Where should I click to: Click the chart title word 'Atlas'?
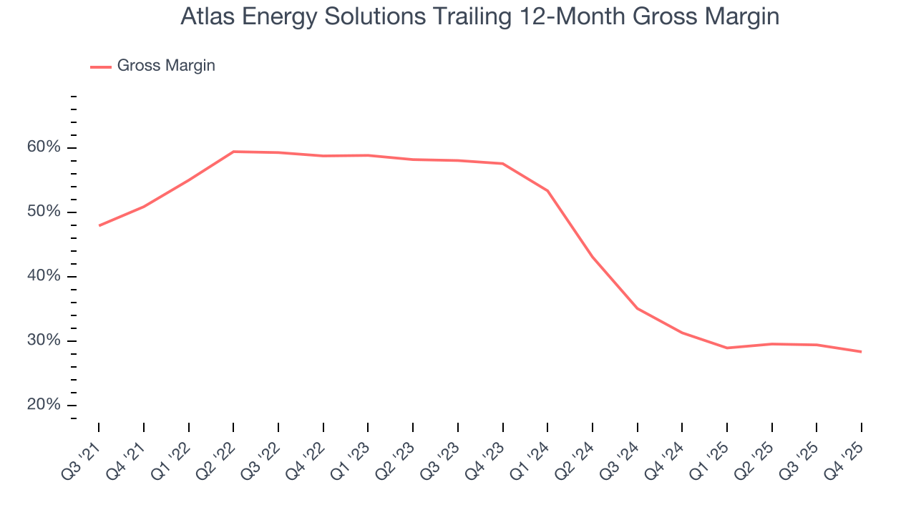[x=205, y=16]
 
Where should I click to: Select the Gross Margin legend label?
[x=166, y=66]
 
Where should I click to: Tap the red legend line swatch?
[x=101, y=67]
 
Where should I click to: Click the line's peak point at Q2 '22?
[x=233, y=152]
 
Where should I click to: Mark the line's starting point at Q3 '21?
[x=99, y=225]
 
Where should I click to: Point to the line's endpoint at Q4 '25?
[x=861, y=351]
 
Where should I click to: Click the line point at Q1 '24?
[x=547, y=191]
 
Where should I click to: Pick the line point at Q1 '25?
[x=727, y=348]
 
